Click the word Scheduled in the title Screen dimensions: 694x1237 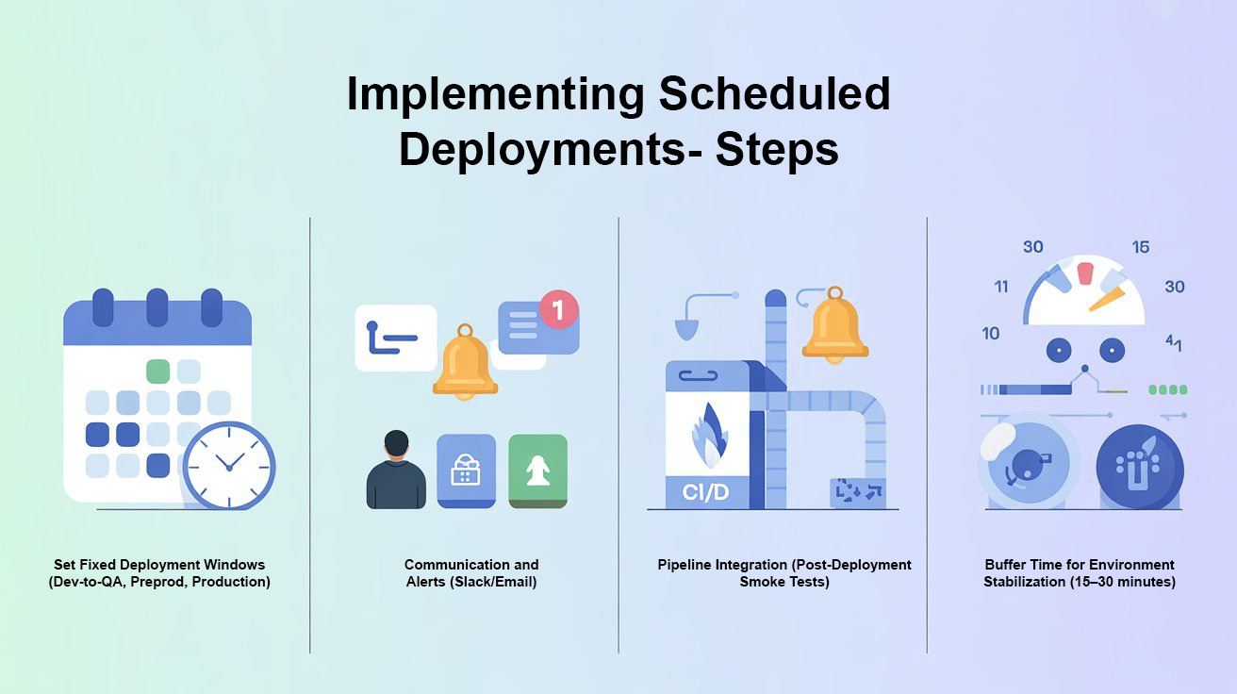[773, 94]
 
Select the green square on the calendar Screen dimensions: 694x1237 [158, 371]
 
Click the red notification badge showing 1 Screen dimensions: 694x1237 [558, 309]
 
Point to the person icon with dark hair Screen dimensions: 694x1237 [396, 471]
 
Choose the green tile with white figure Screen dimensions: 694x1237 [538, 471]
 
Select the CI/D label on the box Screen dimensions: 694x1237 [705, 491]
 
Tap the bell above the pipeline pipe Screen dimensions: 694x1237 [834, 328]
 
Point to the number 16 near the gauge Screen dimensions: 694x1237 [1141, 247]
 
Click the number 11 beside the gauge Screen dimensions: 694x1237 [1001, 287]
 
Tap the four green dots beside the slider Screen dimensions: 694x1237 [1168, 389]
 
